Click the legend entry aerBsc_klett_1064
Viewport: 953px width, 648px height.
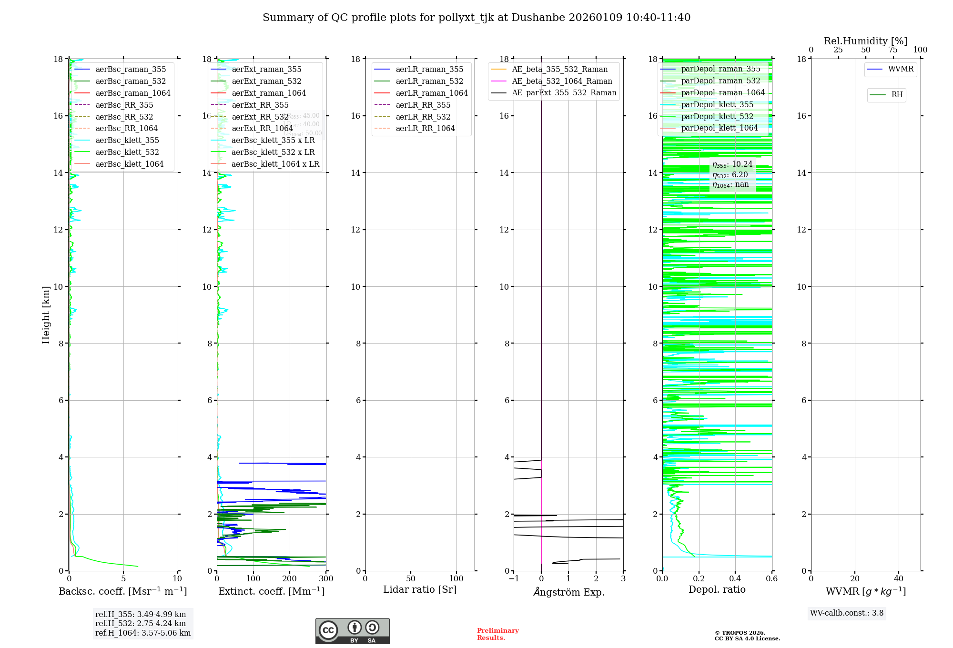129,164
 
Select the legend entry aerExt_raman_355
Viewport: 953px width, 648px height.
266,70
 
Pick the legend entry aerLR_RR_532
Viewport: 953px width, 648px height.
423,117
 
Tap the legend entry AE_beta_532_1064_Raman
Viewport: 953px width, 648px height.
562,81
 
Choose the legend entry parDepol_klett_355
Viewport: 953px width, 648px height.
717,104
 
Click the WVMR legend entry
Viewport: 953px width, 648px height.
901,69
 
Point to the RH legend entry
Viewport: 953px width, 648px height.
897,95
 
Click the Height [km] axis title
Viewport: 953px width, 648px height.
46,314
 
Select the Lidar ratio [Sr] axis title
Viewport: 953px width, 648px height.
420,589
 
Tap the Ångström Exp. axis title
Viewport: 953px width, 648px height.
568,592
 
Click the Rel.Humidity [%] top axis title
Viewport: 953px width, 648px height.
865,41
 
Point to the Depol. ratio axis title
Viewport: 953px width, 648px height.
717,589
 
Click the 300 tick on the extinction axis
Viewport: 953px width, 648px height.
326,579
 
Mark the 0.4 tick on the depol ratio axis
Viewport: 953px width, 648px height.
735,579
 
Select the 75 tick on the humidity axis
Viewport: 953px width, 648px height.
893,50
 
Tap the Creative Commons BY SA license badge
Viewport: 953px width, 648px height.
352,631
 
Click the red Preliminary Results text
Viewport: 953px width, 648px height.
497,634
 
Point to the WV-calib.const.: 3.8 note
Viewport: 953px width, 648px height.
847,613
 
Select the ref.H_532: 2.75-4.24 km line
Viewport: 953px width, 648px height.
141,623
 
